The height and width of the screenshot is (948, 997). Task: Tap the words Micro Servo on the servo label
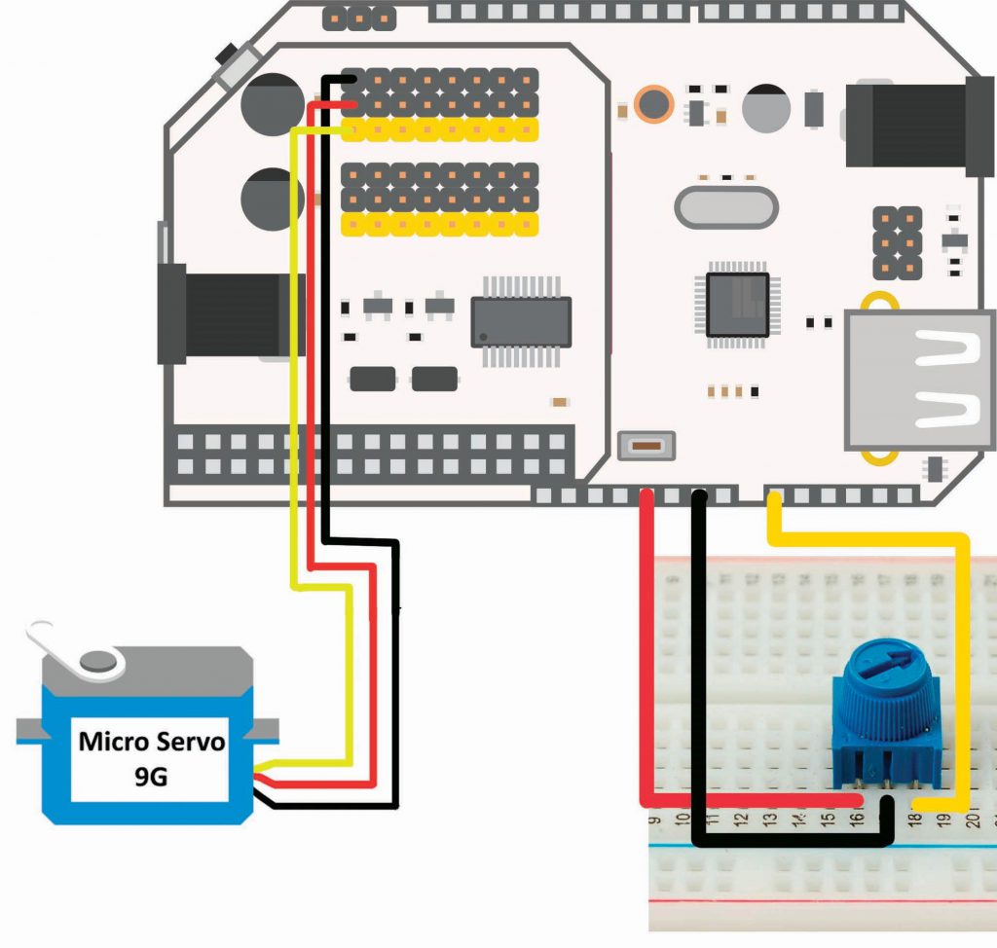coord(152,742)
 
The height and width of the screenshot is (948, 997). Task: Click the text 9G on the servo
coord(152,776)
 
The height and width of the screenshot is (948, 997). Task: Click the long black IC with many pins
coord(521,322)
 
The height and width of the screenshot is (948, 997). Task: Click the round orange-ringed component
coord(652,103)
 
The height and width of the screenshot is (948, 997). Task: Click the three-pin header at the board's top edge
coord(358,17)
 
